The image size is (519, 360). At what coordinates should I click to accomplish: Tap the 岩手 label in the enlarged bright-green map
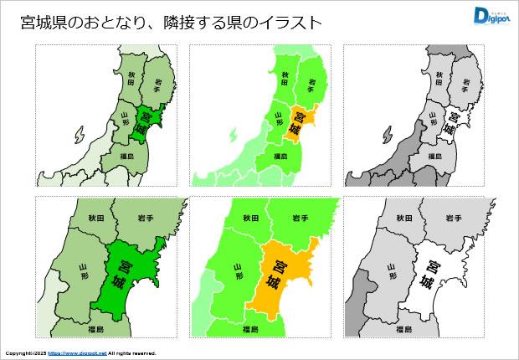301,218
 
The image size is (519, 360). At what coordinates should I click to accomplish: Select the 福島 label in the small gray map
434,157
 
